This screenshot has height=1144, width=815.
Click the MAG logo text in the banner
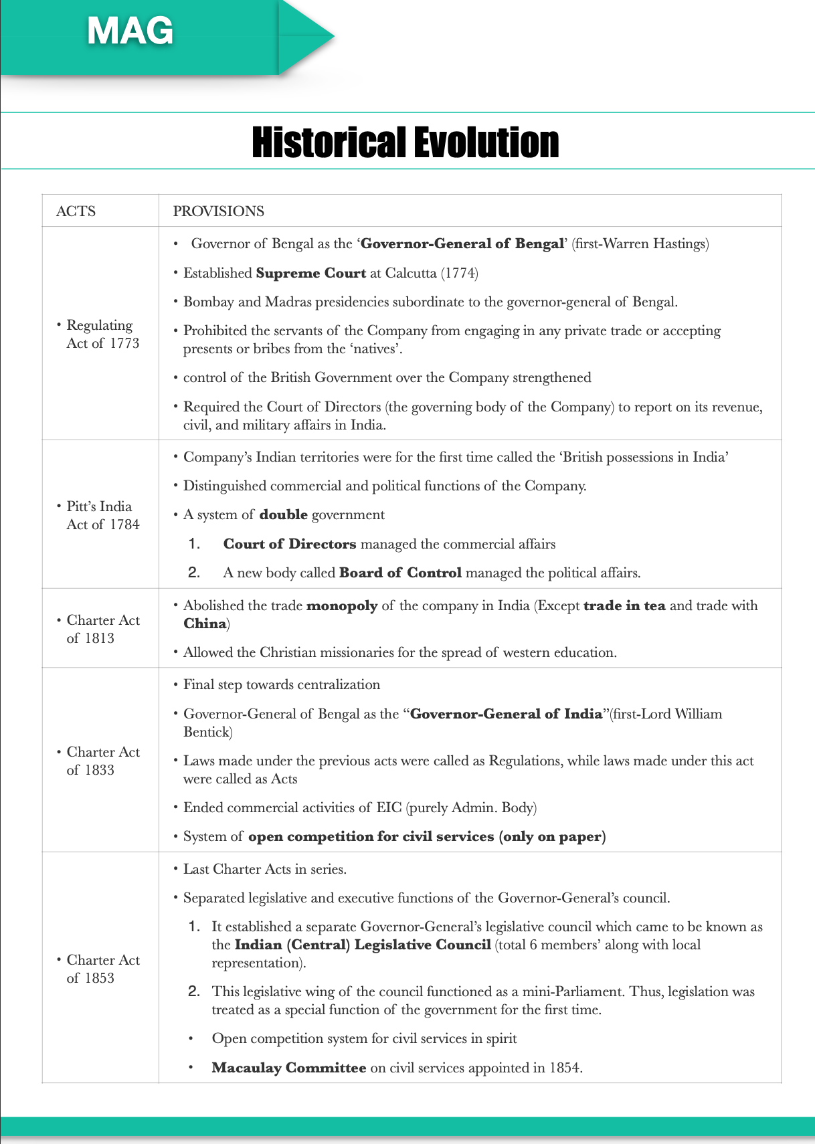[130, 31]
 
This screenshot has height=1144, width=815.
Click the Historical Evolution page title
[405, 142]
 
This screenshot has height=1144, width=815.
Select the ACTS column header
[76, 211]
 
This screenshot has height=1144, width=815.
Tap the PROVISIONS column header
[218, 211]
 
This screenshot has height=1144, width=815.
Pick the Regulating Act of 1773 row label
[102, 334]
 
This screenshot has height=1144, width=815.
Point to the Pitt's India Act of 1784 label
[102, 515]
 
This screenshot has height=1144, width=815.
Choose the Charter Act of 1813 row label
[102, 629]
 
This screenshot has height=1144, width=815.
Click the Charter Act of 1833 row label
[102, 761]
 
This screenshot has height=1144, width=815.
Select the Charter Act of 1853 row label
[102, 969]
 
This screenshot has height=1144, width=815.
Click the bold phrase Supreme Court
[310, 273]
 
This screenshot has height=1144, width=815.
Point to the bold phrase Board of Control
[400, 573]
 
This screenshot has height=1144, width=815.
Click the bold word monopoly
[341, 605]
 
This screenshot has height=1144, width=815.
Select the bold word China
[205, 624]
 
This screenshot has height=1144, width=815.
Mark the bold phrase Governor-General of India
[506, 714]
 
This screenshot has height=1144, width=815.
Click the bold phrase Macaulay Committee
[288, 1068]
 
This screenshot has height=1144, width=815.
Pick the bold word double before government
[283, 514]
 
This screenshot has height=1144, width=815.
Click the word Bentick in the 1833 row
[207, 732]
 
